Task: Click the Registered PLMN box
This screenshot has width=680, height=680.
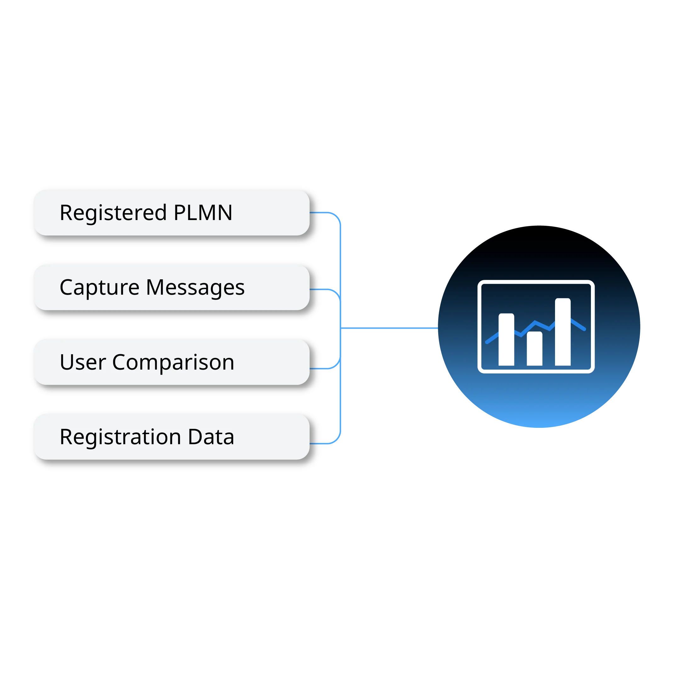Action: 172,212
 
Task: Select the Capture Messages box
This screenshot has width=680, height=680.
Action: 172,287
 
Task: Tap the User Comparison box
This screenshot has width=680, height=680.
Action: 172,362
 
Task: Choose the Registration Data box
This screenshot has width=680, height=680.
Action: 172,436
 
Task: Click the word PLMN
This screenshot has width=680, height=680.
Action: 203,212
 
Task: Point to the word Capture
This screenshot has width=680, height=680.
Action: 99,287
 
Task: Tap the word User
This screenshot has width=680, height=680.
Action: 83,362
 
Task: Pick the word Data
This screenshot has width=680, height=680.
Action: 211,437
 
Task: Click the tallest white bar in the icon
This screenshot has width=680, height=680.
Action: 563,332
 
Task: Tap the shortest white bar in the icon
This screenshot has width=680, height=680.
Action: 535,348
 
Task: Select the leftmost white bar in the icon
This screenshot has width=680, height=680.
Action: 507,340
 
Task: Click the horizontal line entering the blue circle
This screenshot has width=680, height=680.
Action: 389,328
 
